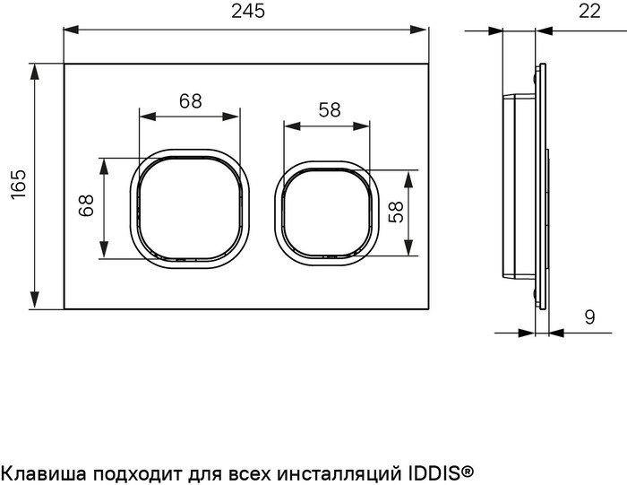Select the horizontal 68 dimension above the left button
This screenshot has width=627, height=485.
(x=190, y=100)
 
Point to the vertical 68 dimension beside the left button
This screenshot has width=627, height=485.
(x=86, y=207)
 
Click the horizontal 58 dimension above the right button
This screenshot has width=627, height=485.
(x=329, y=109)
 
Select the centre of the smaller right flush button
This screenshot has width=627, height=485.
(x=327, y=212)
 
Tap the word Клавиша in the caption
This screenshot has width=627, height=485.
(x=39, y=470)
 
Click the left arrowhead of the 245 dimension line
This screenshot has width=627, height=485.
(x=69, y=29)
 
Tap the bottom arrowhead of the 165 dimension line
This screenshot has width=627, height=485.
(x=37, y=304)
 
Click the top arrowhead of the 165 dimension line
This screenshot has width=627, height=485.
(x=37, y=70)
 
